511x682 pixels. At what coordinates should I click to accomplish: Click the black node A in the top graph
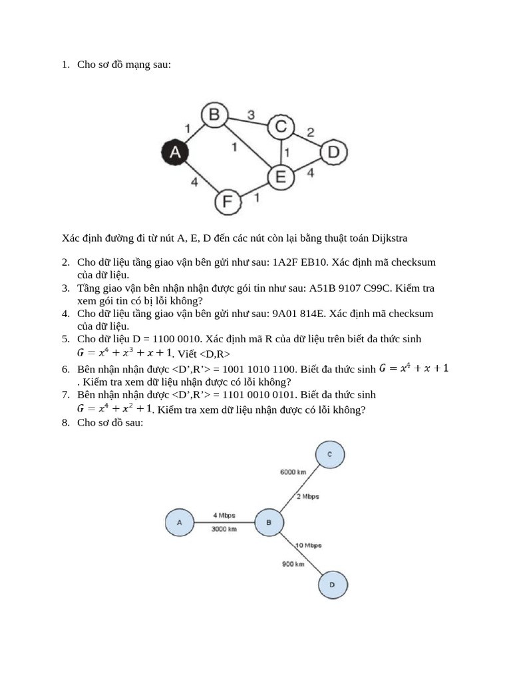[x=175, y=152]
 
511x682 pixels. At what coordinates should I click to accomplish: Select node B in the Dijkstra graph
[x=214, y=115]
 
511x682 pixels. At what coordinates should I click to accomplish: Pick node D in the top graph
[x=333, y=153]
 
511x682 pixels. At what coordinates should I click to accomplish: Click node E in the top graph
[x=281, y=177]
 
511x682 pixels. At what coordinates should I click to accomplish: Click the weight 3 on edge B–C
[x=251, y=115]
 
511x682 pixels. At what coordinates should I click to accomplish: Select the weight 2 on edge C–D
[x=310, y=131]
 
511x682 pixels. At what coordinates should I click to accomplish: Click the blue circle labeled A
[x=179, y=523]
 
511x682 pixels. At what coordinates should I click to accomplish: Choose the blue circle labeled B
[x=269, y=523]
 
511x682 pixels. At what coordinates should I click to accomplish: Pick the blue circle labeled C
[x=331, y=454]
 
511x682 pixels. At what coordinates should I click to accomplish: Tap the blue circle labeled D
[x=331, y=585]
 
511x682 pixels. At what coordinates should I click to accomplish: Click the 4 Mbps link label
[x=224, y=515]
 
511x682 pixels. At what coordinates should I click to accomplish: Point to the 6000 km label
[x=292, y=472]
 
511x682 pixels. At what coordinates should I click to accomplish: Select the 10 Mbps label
[x=308, y=545]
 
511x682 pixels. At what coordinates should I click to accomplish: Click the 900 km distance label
[x=293, y=564]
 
